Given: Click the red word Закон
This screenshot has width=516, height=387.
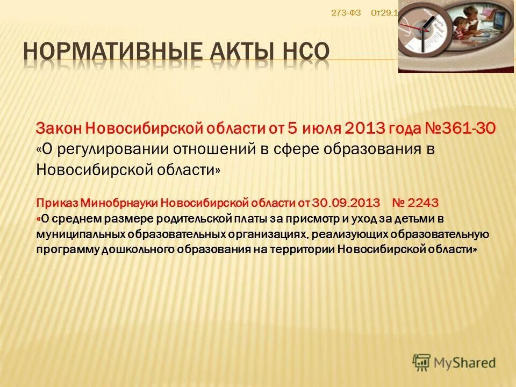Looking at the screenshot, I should [59, 128].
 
